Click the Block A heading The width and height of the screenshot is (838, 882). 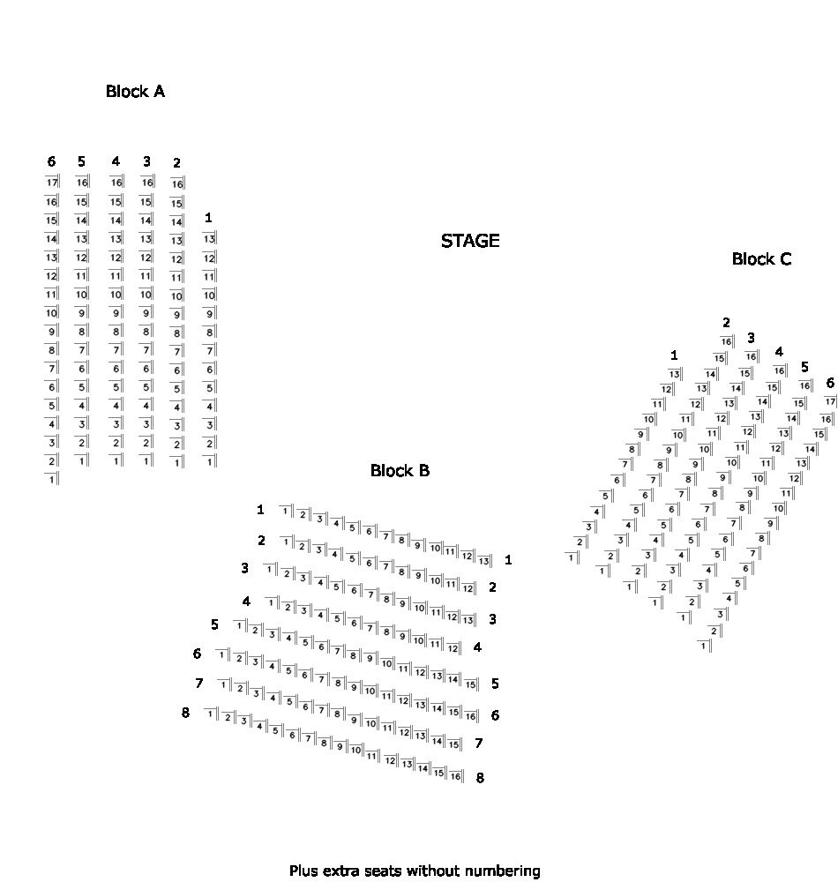pyautogui.click(x=135, y=91)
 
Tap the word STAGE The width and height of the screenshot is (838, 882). pyautogui.click(x=470, y=241)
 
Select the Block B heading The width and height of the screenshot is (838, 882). pyautogui.click(x=400, y=471)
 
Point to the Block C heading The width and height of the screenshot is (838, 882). pyautogui.click(x=761, y=259)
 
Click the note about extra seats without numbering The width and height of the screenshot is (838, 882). pyautogui.click(x=415, y=871)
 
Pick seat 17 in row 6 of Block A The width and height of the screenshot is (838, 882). pyautogui.click(x=52, y=182)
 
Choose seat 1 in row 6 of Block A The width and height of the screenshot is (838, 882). pyautogui.click(x=52, y=479)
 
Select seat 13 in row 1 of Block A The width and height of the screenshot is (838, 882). pyautogui.click(x=209, y=238)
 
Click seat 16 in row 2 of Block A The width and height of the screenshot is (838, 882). pyautogui.click(x=177, y=183)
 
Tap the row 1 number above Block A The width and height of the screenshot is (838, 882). pyautogui.click(x=208, y=217)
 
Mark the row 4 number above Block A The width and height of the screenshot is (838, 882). pyautogui.click(x=116, y=161)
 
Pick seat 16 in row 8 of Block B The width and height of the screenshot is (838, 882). pyautogui.click(x=455, y=776)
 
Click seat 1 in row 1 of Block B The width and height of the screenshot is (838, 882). pyautogui.click(x=286, y=511)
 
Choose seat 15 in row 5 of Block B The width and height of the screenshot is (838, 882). pyautogui.click(x=471, y=684)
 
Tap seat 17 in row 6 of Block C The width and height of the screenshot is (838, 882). pyautogui.click(x=830, y=401)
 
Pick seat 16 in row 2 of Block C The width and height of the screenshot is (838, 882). pyautogui.click(x=726, y=341)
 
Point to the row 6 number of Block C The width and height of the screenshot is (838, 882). pyautogui.click(x=829, y=383)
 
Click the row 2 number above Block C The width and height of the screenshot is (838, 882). pyautogui.click(x=726, y=323)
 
